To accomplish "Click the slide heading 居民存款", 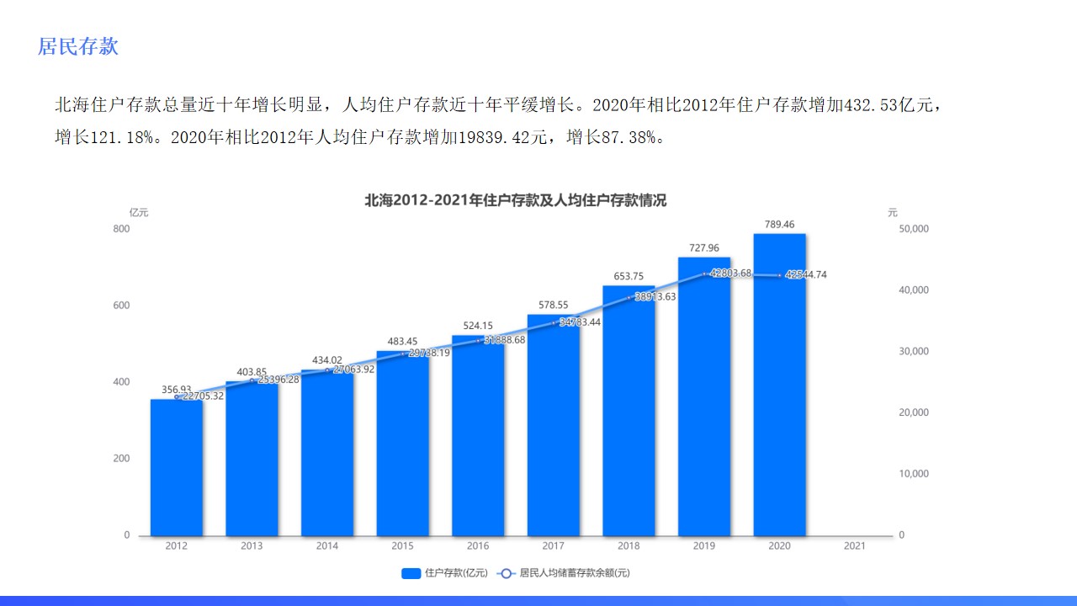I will point(78,46).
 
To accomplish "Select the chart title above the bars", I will point(515,200).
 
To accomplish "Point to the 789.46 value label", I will point(779,225).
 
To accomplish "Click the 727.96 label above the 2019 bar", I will point(704,248).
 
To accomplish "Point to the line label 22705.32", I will point(203,396).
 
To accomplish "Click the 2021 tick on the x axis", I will point(854,546).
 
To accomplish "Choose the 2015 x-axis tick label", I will point(402,546).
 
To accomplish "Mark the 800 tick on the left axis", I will point(121,229).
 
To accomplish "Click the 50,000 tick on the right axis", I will point(914,229).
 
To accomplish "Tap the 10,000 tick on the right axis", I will point(914,474).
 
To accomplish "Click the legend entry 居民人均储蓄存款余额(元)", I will point(564,573).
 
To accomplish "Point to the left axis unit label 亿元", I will point(139,213).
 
